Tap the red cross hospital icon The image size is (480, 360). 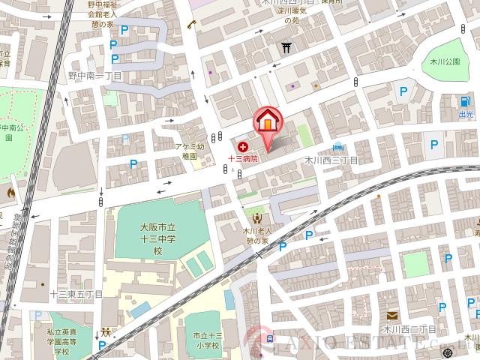[x=242, y=147]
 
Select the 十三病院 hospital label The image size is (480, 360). [x=243, y=159]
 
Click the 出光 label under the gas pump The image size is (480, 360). [x=466, y=115]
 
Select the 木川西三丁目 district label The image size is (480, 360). [x=330, y=160]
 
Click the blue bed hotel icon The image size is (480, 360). [x=339, y=147]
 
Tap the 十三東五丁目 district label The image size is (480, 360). [x=76, y=294]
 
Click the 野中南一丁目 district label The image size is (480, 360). [x=94, y=75]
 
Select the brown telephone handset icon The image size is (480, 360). [x=191, y=25]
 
